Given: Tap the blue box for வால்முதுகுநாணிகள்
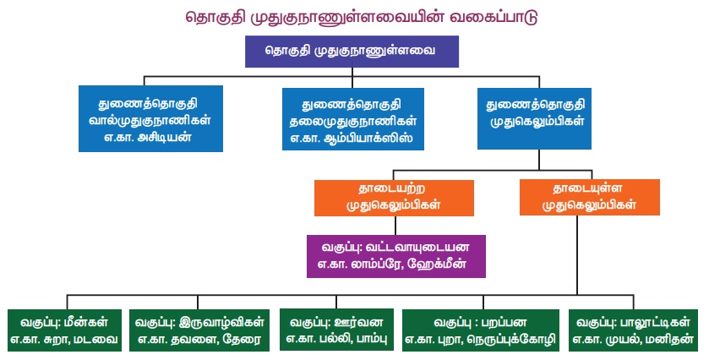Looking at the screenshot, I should click(x=150, y=118).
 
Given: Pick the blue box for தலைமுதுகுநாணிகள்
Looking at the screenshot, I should click(x=352, y=118).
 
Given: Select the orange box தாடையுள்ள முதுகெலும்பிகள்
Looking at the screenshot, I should click(x=589, y=197).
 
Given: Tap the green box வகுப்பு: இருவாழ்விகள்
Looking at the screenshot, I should click(x=200, y=330).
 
